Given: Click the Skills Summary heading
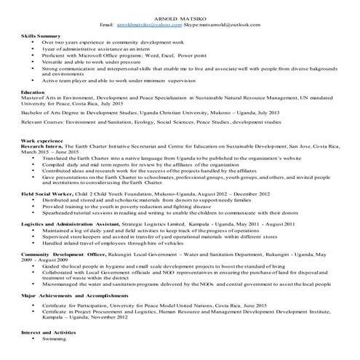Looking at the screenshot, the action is (x=41, y=36).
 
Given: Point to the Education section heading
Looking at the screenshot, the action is (x=33, y=93).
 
